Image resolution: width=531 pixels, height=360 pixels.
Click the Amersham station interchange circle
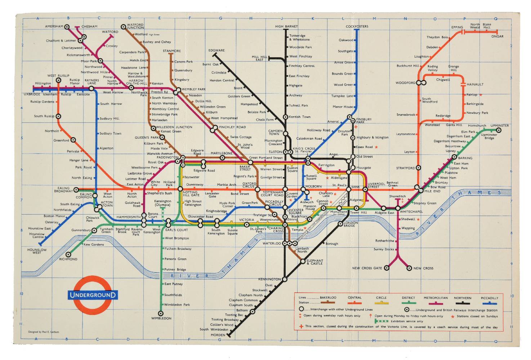[x=67, y=27]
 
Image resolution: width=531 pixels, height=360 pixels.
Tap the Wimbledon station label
[x=161, y=318]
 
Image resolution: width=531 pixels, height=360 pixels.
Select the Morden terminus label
[x=218, y=335]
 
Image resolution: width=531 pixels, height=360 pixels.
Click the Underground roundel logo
[x=93, y=295]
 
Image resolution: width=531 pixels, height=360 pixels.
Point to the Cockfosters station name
[x=357, y=26]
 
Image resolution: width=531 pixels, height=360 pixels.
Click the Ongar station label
[x=497, y=36]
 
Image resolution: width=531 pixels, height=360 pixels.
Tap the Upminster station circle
[x=499, y=130]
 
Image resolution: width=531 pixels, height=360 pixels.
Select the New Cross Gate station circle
[x=387, y=268]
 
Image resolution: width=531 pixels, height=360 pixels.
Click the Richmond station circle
[x=68, y=255]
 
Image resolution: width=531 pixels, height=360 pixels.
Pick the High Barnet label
[x=286, y=26]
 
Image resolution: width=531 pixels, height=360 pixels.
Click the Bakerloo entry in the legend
[x=328, y=298]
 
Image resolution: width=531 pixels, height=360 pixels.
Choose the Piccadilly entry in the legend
[x=489, y=298]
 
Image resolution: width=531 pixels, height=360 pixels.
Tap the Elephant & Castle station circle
[x=303, y=261]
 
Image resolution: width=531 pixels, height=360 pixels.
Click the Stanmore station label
[x=171, y=51]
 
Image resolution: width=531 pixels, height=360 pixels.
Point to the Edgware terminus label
[x=216, y=50]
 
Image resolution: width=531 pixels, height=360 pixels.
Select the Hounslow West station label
[x=37, y=251]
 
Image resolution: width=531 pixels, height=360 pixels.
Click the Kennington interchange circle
[x=285, y=279]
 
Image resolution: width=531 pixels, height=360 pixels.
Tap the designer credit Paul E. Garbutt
[x=44, y=332]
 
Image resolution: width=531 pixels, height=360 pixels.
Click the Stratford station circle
[x=418, y=168]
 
